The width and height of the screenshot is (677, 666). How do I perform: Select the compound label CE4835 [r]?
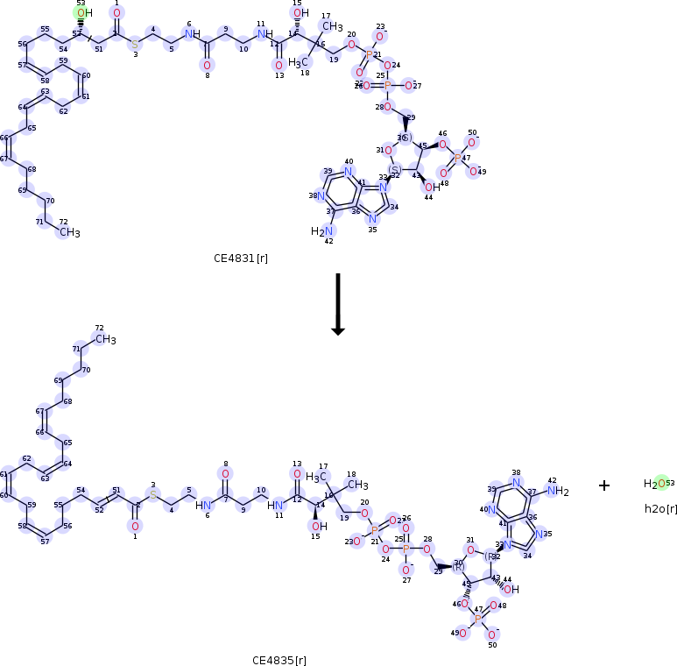[279, 660]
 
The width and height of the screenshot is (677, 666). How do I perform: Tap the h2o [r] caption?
[660, 508]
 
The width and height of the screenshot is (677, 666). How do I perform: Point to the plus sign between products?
[604, 485]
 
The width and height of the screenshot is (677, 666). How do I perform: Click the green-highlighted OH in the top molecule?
[82, 13]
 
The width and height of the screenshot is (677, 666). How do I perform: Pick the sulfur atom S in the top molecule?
[135, 44]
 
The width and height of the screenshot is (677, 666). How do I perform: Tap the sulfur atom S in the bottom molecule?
[152, 495]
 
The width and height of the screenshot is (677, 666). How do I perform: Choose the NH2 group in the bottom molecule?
[559, 492]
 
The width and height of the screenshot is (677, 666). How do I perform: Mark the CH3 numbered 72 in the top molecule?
[69, 233]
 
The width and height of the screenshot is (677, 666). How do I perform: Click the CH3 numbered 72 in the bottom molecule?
[106, 340]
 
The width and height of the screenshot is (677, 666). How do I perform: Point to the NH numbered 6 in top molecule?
[189, 34]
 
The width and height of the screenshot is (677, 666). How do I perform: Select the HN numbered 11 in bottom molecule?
[277, 505]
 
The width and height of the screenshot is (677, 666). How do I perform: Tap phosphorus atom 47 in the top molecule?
[455, 159]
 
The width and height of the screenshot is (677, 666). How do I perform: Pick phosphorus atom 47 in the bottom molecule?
[477, 619]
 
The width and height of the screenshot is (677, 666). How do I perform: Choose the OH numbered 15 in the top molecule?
[300, 13]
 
